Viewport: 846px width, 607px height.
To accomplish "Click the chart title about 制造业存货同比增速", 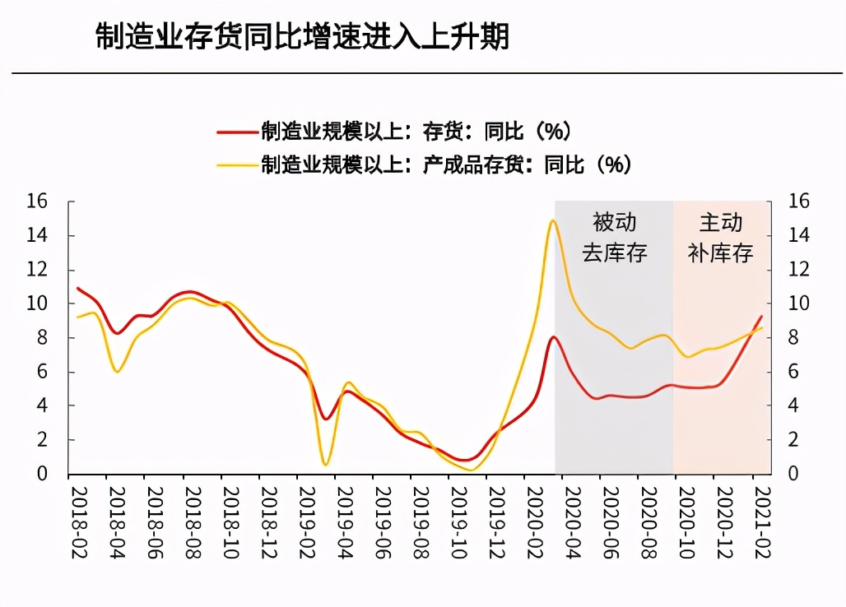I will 302,38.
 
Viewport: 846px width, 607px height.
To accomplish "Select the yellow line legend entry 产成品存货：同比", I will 445,164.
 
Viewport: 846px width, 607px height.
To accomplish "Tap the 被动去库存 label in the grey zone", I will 615,237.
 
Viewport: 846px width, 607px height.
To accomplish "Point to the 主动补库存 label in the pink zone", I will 721,237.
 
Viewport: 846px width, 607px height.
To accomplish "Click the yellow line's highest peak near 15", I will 552,220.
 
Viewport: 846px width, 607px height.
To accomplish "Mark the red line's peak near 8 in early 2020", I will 554,337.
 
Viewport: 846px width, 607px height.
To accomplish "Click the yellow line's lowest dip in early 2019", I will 325,465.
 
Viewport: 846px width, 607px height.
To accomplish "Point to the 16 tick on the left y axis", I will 38,202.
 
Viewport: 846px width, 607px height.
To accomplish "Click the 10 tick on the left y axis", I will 38,303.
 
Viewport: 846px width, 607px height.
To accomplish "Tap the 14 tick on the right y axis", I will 799,235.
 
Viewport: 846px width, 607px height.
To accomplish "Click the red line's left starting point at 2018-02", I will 77,288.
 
